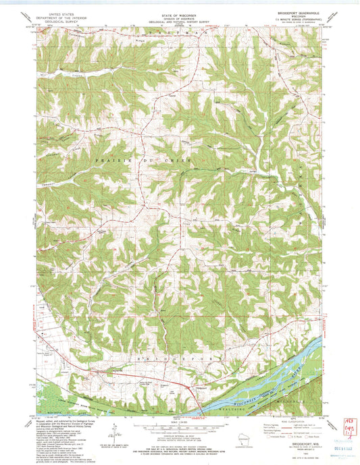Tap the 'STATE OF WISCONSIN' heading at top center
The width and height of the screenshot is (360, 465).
(x=179, y=12)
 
